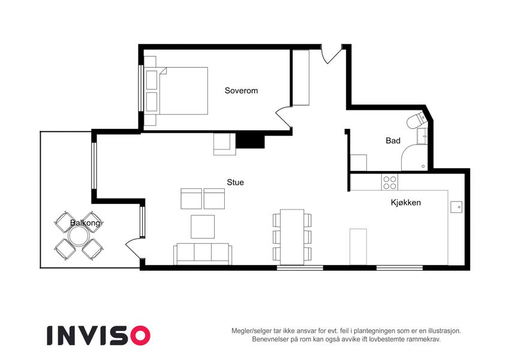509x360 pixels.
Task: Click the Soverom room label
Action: [241, 91]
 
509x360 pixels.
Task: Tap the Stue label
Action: [236, 182]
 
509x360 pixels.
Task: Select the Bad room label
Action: [393, 140]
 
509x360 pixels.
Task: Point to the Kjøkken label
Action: [406, 202]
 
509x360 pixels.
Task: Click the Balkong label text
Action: [85, 223]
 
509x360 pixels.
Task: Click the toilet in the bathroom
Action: [417, 119]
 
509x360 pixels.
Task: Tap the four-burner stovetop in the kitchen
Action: [390, 182]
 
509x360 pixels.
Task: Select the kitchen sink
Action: [456, 207]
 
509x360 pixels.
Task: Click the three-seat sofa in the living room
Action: [203, 254]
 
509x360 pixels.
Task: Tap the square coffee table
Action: [203, 226]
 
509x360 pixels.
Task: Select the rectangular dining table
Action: [292, 237]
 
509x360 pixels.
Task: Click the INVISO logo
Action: [99, 335]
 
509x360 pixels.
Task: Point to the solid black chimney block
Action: [250, 140]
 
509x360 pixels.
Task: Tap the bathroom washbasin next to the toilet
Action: [422, 136]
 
